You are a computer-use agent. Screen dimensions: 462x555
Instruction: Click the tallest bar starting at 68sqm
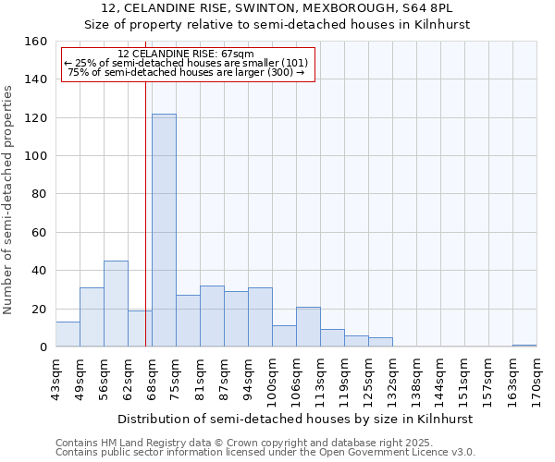pos(164,230)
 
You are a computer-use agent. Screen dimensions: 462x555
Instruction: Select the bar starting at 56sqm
pos(116,304)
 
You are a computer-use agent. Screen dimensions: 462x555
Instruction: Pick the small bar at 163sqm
pos(524,346)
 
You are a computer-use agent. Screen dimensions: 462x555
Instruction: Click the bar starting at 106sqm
pos(308,327)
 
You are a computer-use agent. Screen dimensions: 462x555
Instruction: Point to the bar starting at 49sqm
pos(92,317)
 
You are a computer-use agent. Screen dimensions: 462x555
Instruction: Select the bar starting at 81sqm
pos(212,316)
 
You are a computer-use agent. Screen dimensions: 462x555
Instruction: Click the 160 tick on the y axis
pos(36,42)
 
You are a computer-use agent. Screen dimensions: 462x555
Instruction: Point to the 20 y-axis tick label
pos(40,310)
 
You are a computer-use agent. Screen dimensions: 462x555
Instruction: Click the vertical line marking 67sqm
pos(145,213)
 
